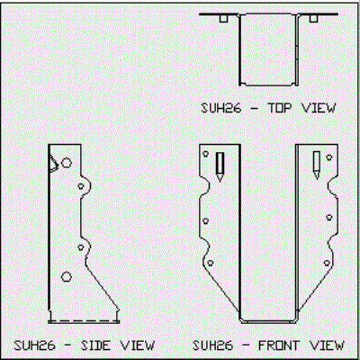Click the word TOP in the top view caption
click(279, 108)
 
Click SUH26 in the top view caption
click(220, 108)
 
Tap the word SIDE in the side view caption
click(95, 346)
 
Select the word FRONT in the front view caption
click(279, 346)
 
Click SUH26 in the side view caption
click(35, 346)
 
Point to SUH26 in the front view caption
click(212, 346)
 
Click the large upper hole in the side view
click(67, 163)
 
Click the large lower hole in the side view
click(67, 276)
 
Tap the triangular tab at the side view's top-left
click(54, 164)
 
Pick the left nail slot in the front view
click(220, 166)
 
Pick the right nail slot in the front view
click(317, 165)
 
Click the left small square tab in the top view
click(223, 19)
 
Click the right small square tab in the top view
click(314, 19)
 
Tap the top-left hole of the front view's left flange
click(206, 154)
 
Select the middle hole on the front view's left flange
click(206, 221)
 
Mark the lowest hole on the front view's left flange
click(211, 263)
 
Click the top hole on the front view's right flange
click(329, 157)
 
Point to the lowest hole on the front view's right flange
click(327, 264)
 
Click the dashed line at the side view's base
click(84, 321)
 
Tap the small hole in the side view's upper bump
click(81, 186)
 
